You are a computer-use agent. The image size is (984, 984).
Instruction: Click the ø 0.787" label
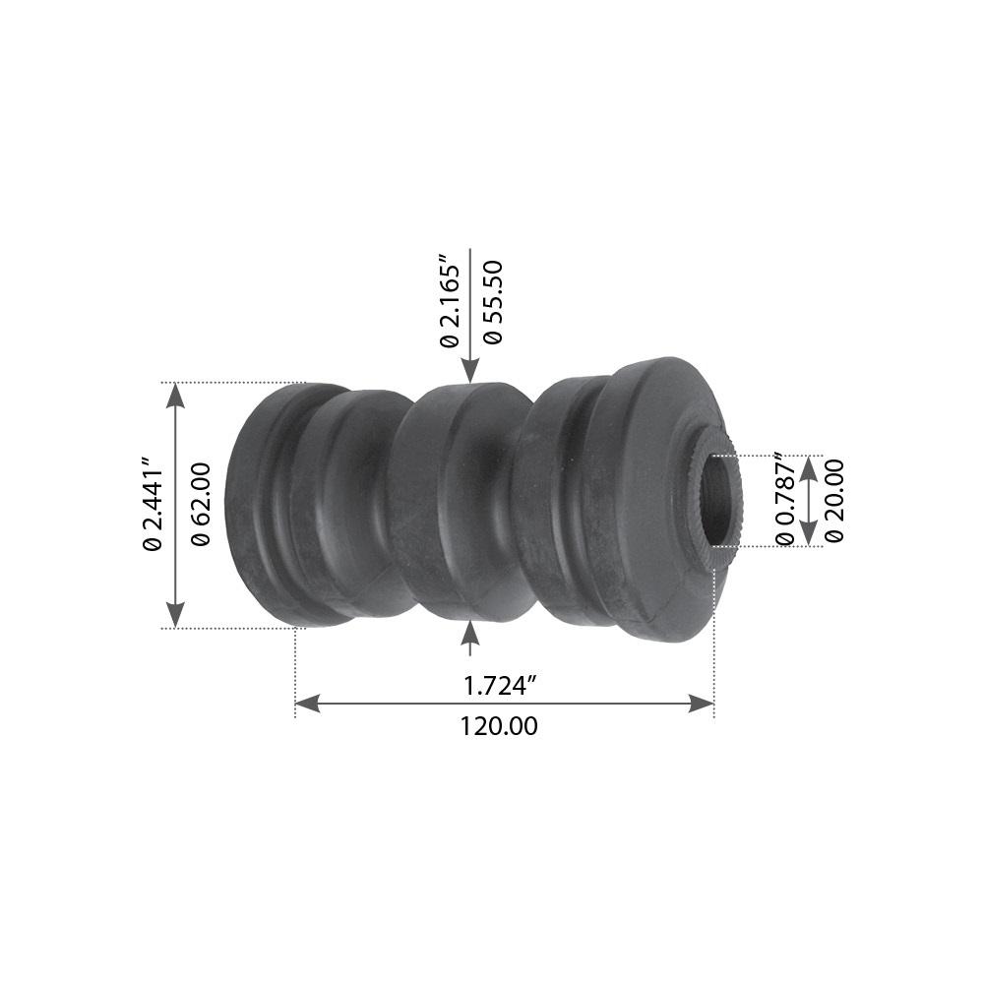pos(784,499)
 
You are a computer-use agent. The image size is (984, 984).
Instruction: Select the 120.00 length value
pos(500,727)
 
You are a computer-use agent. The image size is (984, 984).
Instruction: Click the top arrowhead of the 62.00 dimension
pos(175,395)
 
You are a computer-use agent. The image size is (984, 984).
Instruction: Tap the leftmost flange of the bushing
pos(258,504)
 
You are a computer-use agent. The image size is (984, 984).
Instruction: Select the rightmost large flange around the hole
pos(654,502)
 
